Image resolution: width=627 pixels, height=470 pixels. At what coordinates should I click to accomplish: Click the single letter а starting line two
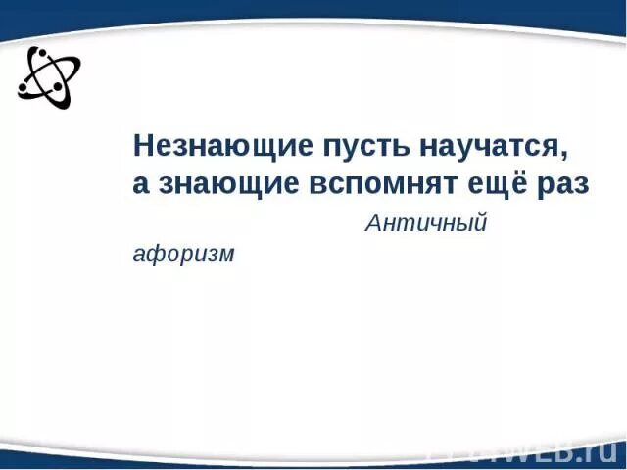pos(140,186)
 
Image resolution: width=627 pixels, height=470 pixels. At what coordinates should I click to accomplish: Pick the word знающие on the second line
pos(224,186)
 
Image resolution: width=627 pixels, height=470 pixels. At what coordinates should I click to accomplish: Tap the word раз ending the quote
pos(562,186)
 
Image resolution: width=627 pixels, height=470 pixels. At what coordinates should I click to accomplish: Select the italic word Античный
pos(426,224)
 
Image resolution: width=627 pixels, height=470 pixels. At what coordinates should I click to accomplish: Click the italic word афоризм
pos(184,255)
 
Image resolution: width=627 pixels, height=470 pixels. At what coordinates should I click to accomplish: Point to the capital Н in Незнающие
pos(143,147)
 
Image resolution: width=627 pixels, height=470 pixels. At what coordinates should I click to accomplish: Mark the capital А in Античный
pos(372,224)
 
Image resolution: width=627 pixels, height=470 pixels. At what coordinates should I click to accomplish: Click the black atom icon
pos(48,76)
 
